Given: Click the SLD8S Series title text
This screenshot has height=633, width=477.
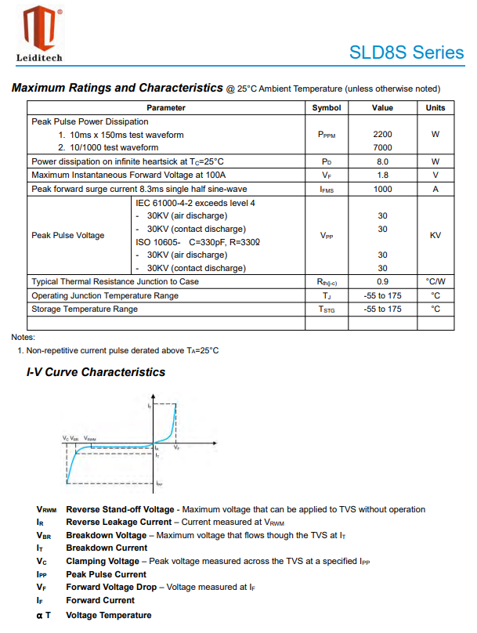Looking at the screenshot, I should point(407,52).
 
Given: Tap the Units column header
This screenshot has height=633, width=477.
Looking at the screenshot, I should point(435,108).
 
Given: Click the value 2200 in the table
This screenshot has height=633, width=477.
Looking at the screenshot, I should point(382,134).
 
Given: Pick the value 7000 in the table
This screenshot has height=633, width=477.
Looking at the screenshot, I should point(382,147).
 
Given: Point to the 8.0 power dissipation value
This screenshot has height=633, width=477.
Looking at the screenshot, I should point(382,161).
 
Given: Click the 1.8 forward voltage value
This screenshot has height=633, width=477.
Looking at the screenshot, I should point(382,175).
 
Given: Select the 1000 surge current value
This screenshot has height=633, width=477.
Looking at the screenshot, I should point(382,189).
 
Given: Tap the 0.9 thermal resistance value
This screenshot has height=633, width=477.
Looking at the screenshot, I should point(382,281).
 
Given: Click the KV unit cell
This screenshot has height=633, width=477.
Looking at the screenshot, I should point(435,235).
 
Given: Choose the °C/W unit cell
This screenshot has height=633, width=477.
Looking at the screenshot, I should point(435,281).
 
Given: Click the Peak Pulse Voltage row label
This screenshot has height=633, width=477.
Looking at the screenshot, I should point(68,235).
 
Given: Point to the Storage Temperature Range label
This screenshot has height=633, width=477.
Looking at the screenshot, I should point(85,309).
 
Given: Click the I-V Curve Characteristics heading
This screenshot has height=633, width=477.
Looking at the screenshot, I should point(96,372).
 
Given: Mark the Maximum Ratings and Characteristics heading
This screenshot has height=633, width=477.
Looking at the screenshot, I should point(117,88).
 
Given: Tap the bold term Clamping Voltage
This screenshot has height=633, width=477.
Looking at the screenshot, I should point(102,562).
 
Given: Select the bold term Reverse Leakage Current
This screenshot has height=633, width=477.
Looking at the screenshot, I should point(118,522).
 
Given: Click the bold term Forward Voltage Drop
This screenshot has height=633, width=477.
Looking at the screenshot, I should point(111,587).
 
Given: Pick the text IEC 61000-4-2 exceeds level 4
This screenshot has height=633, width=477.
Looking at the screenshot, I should point(196,203).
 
